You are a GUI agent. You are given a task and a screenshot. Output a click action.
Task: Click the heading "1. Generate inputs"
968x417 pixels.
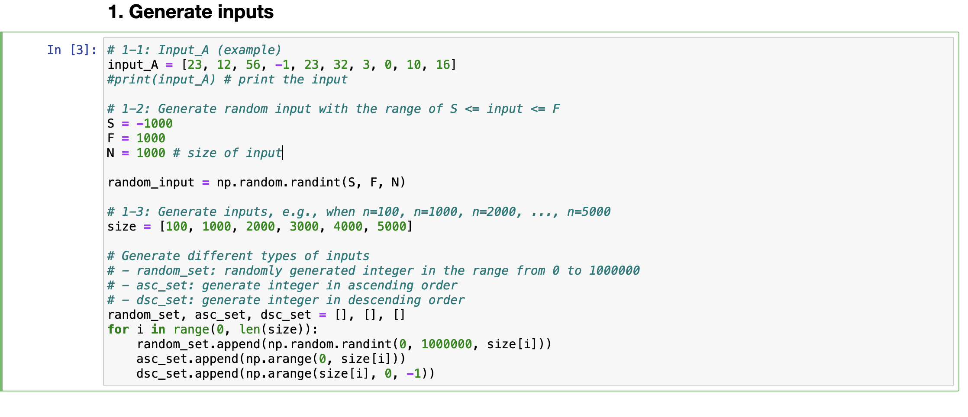point(190,12)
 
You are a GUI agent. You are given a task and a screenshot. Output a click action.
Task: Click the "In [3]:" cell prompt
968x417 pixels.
point(72,50)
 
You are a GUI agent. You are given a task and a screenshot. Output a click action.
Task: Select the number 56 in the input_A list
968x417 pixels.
point(253,65)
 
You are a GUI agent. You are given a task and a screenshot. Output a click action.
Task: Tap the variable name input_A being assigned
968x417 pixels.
point(133,65)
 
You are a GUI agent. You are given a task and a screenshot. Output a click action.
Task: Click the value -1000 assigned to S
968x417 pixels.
point(155,124)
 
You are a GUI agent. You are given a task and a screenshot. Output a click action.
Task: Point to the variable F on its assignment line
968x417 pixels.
point(111,138)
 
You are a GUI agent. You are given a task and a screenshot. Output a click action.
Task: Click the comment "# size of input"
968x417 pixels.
point(227,153)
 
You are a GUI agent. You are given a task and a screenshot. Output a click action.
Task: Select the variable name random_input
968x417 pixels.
point(151,183)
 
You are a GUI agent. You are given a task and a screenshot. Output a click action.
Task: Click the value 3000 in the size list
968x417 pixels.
point(304,227)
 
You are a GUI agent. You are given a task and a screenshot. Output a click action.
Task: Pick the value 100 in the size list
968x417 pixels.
point(177,227)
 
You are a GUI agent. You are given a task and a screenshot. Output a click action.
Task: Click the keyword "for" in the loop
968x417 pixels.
point(118,330)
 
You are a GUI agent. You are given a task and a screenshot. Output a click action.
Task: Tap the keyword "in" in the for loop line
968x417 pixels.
point(158,330)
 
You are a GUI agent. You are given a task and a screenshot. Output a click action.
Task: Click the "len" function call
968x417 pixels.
point(249,330)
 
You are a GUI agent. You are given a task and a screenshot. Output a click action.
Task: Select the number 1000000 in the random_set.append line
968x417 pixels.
point(446,344)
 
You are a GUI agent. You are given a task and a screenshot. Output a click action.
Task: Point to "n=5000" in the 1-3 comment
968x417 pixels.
point(589,212)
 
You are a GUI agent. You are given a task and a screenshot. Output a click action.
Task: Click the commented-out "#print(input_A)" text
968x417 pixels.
point(161,80)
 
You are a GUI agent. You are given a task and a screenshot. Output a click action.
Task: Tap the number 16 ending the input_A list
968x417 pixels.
point(443,65)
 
